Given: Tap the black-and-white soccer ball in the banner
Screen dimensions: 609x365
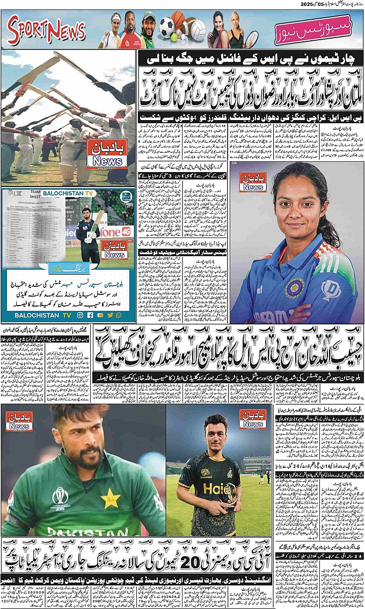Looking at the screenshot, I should click(166, 26).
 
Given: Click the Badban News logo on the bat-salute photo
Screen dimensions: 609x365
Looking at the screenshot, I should click(107, 154).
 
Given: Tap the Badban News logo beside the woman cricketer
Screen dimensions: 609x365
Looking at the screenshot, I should click(253, 182).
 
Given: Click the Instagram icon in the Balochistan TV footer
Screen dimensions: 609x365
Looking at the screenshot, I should click(80, 315).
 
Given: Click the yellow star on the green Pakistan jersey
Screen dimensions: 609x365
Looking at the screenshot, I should click(110, 499).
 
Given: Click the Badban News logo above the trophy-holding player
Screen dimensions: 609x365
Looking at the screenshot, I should click(253, 419).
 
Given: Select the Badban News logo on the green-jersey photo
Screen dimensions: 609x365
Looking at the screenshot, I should click(19, 421).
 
